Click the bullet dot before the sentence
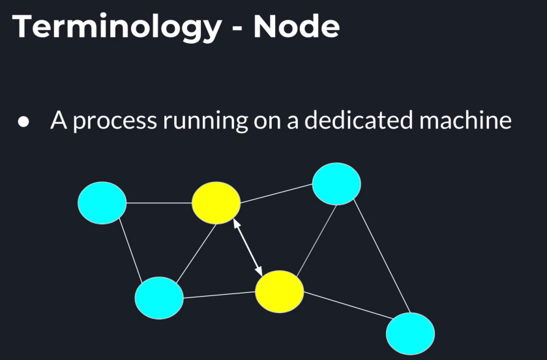24,123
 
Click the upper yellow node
216,203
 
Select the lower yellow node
279,291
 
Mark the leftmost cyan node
102,203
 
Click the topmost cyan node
336,185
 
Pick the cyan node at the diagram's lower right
410,334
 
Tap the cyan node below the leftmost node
159,298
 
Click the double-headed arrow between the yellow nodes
248,247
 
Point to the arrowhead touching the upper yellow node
236,224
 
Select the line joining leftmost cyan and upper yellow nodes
158,203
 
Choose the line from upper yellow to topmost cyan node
276,194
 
